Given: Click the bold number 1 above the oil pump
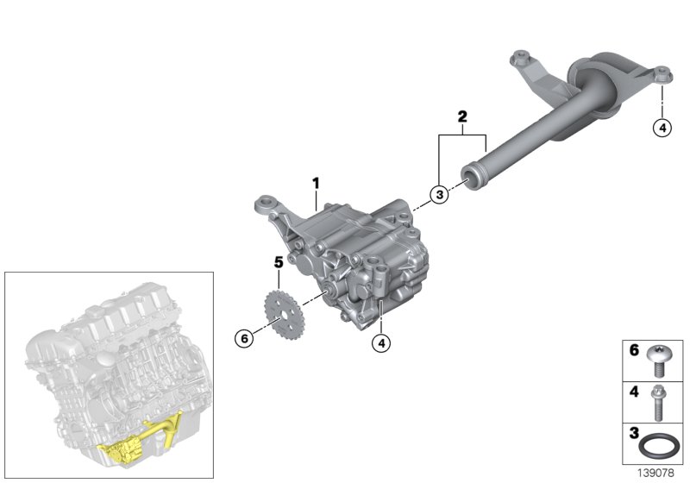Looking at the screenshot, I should tap(316, 183).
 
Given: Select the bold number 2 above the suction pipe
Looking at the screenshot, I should tap(462, 116).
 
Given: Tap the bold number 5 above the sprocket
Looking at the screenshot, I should tap(279, 260).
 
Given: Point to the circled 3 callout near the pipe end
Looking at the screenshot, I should tap(439, 195).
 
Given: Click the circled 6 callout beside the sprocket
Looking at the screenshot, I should tap(244, 339).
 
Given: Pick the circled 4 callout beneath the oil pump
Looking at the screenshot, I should tap(380, 342).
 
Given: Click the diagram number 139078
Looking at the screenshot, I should tap(659, 473).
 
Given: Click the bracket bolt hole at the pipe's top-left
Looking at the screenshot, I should tap(520, 59).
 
